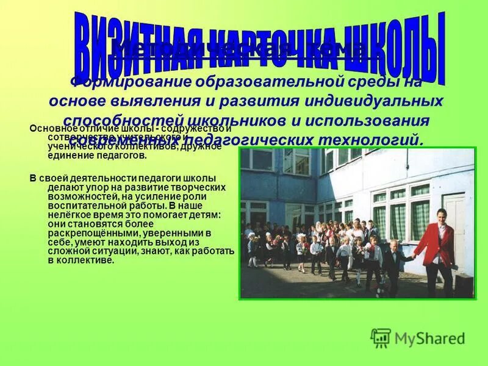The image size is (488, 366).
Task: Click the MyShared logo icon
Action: (381, 337)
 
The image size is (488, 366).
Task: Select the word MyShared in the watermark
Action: (430, 338)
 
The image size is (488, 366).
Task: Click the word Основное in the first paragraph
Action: (51, 129)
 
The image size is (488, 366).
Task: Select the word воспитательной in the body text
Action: (77, 206)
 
